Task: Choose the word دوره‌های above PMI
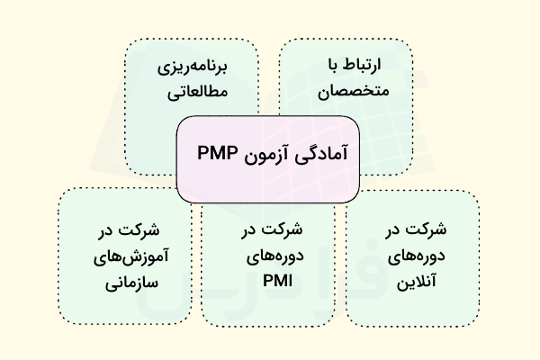pyautogui.click(x=269, y=254)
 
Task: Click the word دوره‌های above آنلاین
pyautogui.click(x=413, y=254)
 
